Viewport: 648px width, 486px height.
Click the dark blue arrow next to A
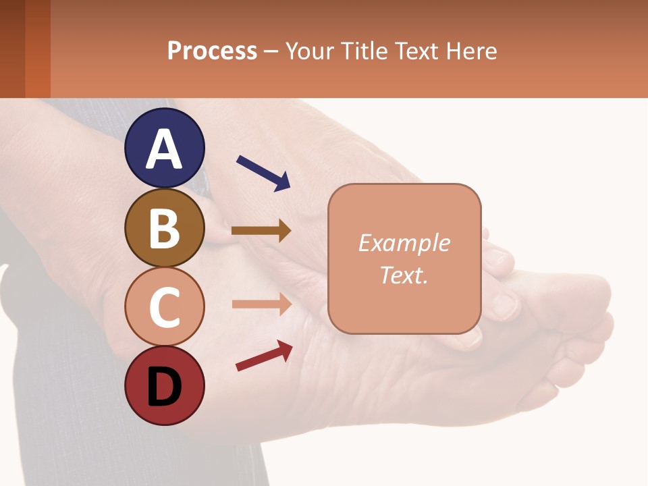pyautogui.click(x=263, y=173)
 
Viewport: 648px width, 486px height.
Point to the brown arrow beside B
pyautogui.click(x=261, y=231)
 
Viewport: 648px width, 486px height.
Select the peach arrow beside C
pyautogui.click(x=261, y=304)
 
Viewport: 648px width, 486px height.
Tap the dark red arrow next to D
pyautogui.click(x=264, y=355)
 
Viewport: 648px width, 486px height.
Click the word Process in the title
pyautogui.click(x=212, y=51)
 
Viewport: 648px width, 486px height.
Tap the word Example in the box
pyautogui.click(x=404, y=243)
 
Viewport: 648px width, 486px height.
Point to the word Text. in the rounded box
pyautogui.click(x=404, y=275)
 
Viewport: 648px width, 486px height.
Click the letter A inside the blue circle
pyautogui.click(x=165, y=150)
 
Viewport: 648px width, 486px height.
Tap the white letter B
pyautogui.click(x=165, y=227)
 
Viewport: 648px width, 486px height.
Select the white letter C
pyautogui.click(x=165, y=307)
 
